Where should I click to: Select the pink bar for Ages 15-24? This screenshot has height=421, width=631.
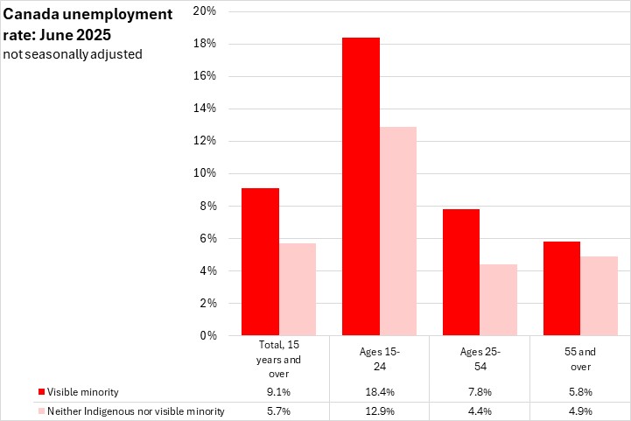point(398,231)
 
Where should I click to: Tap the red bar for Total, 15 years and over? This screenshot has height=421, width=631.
point(262,262)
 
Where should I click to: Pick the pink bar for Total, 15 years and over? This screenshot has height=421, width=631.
point(298,289)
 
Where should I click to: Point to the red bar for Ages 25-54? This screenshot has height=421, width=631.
point(462,272)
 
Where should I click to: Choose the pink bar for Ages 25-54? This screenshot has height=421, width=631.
point(499,299)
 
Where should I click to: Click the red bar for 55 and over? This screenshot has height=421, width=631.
point(562,288)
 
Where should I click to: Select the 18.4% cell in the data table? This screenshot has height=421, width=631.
point(380,392)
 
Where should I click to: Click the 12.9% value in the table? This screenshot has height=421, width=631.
point(380,411)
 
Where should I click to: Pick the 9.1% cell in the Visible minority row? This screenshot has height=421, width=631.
point(279,392)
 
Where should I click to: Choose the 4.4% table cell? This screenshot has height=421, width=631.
point(480,411)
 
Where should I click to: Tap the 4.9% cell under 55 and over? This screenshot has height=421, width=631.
point(580,411)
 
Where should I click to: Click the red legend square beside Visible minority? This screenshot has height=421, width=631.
point(41,392)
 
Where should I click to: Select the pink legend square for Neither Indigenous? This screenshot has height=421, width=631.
point(41,411)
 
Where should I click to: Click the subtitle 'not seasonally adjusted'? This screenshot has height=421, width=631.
point(72,54)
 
